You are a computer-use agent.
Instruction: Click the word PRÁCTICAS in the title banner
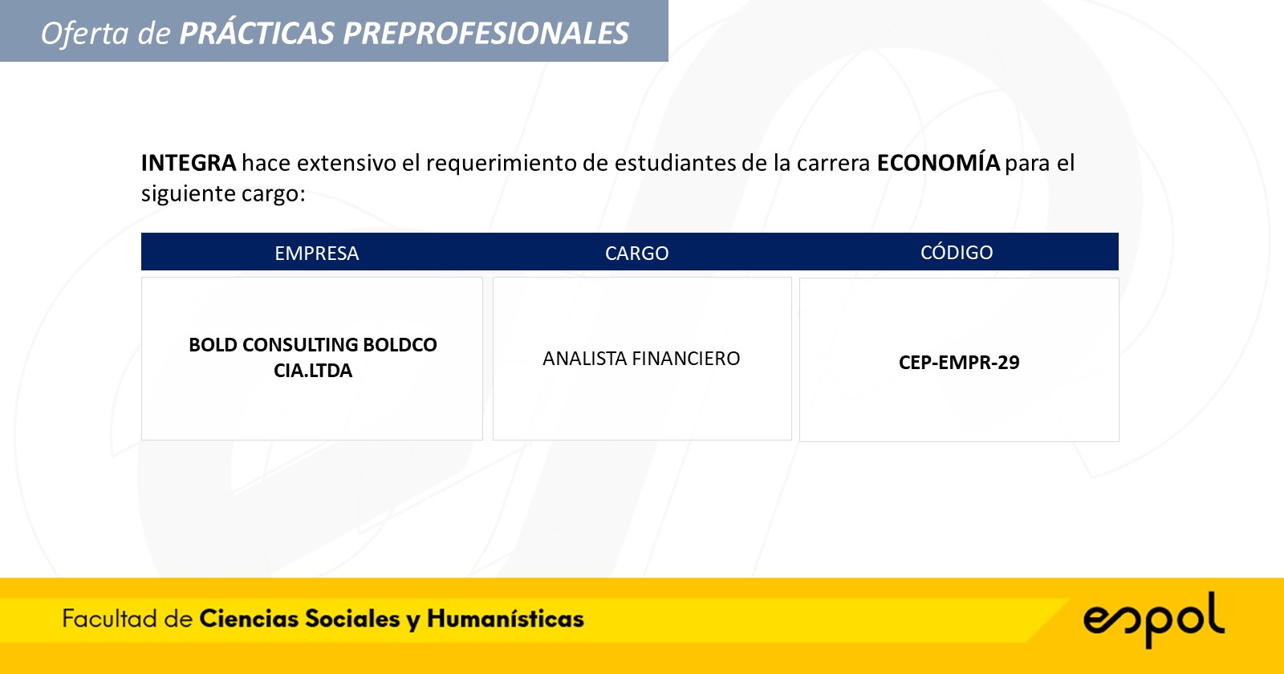point(257,32)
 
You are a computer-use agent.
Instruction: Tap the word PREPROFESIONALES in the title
point(486,33)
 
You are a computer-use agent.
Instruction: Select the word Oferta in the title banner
point(85,33)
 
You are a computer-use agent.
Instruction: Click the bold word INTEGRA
point(189,164)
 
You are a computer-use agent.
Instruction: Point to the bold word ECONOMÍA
point(938,162)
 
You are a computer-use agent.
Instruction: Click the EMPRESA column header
point(316,253)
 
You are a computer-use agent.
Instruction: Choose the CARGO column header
point(637,253)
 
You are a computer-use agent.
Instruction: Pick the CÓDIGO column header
point(957,252)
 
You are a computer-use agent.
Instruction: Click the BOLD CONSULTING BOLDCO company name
point(313,344)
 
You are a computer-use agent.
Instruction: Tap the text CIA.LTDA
point(313,370)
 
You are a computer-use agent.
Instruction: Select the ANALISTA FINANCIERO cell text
point(641,358)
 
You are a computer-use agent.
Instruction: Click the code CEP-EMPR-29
point(959,362)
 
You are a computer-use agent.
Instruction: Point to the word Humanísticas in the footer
point(505,619)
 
